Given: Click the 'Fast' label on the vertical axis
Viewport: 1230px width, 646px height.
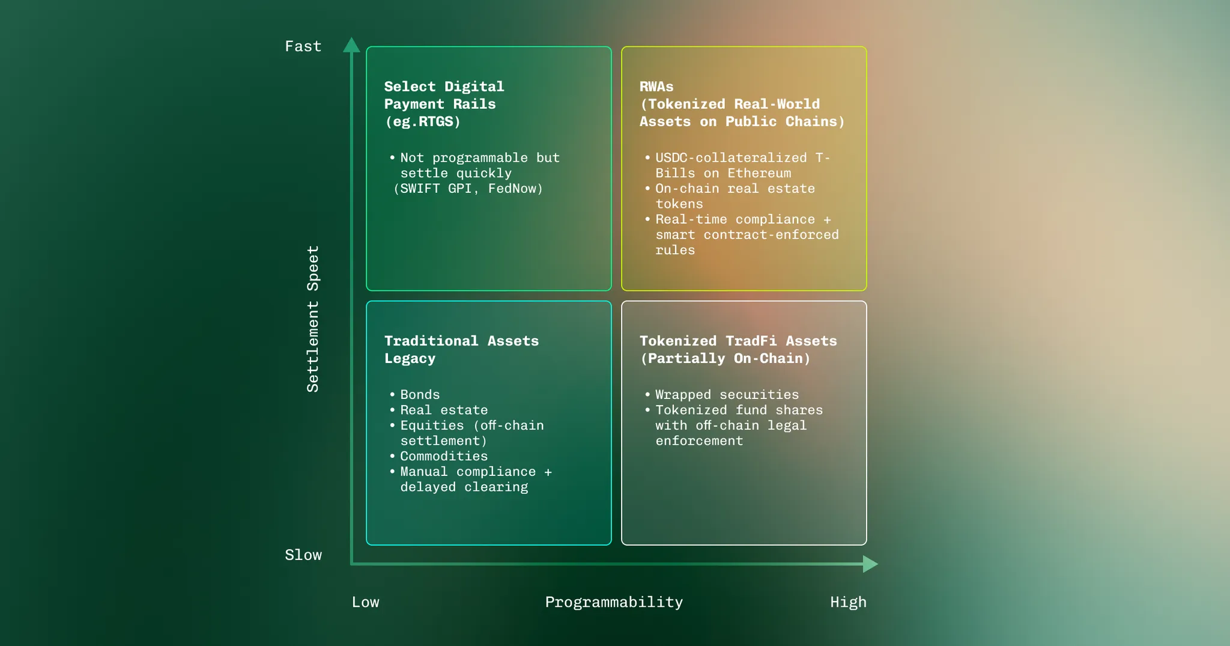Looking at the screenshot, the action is [x=303, y=46].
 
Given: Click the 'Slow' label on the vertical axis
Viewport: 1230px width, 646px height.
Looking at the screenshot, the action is [x=303, y=555].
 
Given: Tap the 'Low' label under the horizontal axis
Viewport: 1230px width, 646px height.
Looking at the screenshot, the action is [x=365, y=602].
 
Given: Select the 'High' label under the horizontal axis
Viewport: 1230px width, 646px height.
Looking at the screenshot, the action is [x=848, y=602].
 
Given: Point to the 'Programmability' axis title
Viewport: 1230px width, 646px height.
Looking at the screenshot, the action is [x=614, y=602].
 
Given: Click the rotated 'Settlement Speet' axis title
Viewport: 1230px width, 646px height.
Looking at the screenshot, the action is [x=313, y=318].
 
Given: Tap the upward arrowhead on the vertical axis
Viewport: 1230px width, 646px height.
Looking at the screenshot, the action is [x=351, y=46].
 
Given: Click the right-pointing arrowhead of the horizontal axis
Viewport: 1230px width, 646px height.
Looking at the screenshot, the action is [x=870, y=564].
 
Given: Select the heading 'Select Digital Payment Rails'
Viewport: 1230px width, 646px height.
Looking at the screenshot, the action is [x=444, y=95].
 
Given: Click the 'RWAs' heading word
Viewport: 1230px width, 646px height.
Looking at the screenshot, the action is [x=656, y=87].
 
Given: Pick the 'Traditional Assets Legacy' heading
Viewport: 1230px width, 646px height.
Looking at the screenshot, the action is [x=461, y=349].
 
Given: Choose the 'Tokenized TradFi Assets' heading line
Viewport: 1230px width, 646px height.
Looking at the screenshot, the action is [x=738, y=341].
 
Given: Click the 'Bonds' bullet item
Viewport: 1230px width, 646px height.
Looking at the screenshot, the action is [x=420, y=394].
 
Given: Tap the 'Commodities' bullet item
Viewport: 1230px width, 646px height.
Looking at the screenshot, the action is [x=444, y=456].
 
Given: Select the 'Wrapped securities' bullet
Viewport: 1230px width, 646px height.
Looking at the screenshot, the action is [x=727, y=394].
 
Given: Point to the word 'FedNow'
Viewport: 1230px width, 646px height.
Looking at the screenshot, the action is [x=515, y=189].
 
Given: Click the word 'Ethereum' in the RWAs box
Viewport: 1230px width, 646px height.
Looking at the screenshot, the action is [x=759, y=173].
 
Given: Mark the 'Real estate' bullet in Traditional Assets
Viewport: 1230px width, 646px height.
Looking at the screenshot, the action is [x=444, y=410].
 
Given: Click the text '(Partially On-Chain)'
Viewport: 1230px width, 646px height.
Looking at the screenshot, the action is [x=725, y=358].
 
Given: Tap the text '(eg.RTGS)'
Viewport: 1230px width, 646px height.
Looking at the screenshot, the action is [x=423, y=121].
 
